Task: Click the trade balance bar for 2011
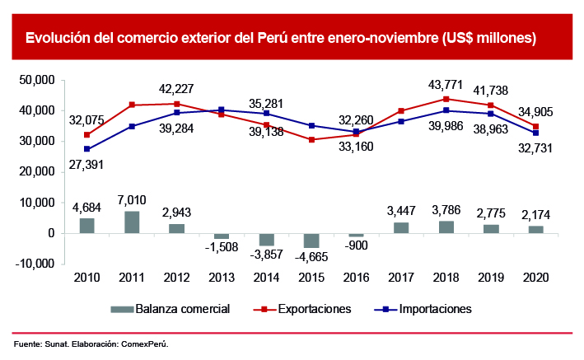(132, 222)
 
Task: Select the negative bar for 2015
(311, 241)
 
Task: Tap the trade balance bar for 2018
(446, 227)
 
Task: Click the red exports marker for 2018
(446, 99)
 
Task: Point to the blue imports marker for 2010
(87, 149)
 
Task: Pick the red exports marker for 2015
(311, 140)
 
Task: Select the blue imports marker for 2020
(535, 133)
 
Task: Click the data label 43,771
(446, 84)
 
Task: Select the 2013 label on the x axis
(222, 278)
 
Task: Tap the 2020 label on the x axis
(535, 278)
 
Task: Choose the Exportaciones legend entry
(313, 309)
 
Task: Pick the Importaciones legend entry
(435, 309)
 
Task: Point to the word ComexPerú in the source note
(157, 343)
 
